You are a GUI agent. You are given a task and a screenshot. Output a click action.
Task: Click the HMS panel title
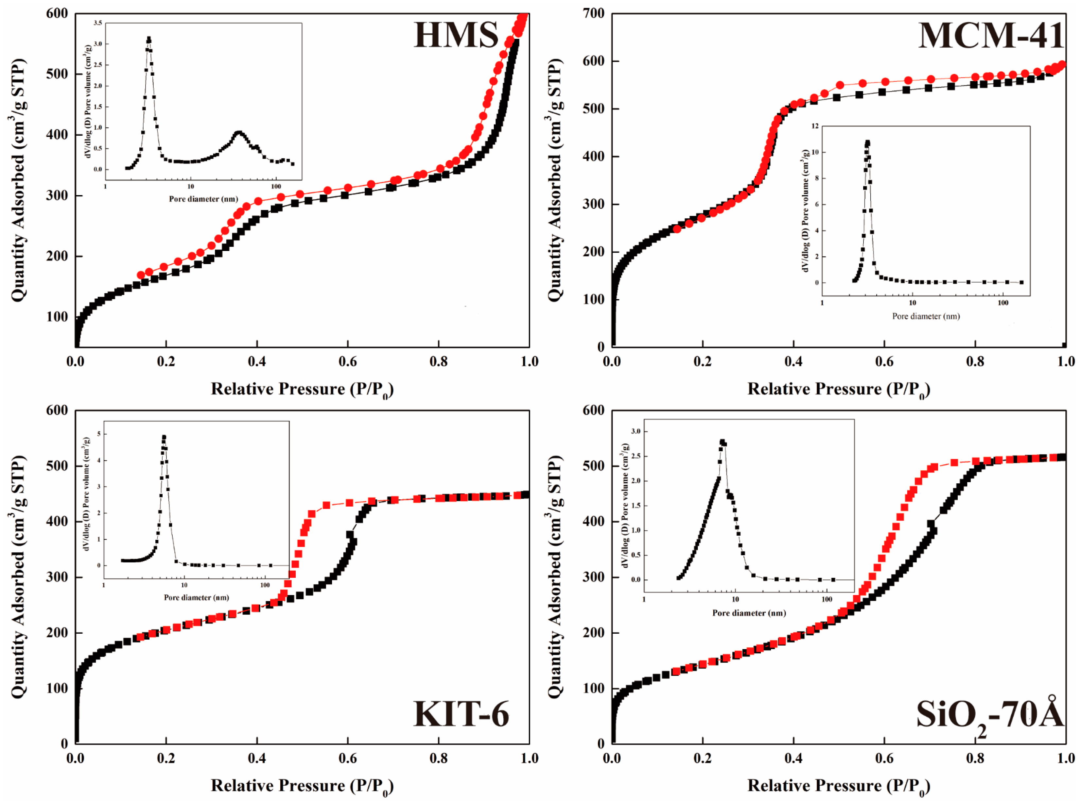coord(456,35)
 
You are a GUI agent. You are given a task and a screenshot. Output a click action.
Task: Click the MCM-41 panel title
coord(990,36)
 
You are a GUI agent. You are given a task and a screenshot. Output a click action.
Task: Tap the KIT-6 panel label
coord(461,714)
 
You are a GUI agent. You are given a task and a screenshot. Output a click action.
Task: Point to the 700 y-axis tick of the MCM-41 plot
coord(593,14)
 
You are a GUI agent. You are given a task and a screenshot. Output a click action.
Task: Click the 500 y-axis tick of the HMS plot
coord(57,74)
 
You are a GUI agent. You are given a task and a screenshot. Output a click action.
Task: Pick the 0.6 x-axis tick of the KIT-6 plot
coord(347,758)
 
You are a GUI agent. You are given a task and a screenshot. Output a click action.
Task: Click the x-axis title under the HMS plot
coord(302,389)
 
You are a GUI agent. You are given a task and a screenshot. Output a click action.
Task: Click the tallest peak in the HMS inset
coord(149,39)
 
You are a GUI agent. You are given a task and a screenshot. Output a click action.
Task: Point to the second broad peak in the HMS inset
coord(238,132)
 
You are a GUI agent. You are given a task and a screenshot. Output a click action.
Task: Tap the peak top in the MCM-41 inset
coord(867,142)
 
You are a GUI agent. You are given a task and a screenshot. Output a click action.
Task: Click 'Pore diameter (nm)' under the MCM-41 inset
coord(926,316)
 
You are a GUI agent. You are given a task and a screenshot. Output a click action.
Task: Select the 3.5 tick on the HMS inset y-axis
coord(98,23)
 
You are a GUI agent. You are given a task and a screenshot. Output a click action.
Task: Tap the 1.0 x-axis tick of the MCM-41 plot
coord(1066,362)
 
